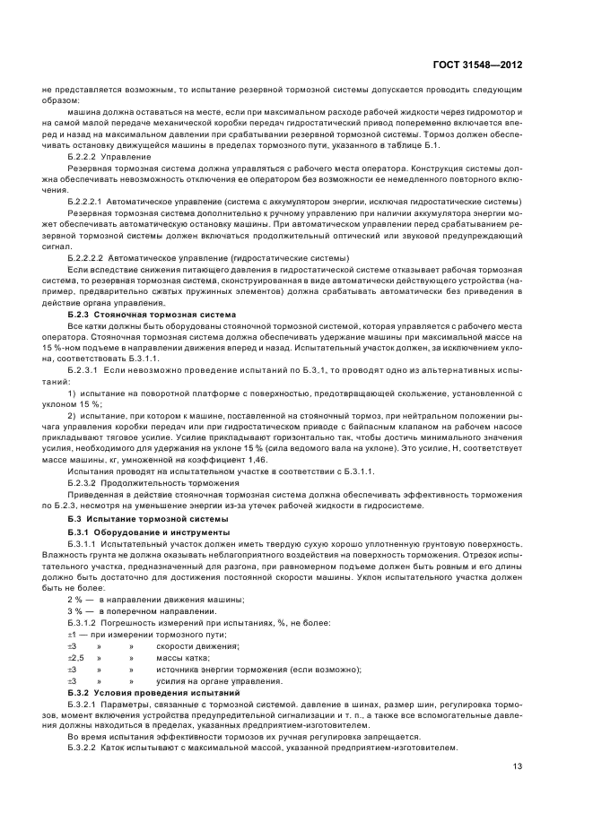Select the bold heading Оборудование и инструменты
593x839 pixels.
(x=163, y=532)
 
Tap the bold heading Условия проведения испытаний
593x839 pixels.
(x=164, y=693)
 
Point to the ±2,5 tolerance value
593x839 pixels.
(x=74, y=657)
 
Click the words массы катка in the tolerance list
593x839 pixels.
(x=180, y=657)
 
